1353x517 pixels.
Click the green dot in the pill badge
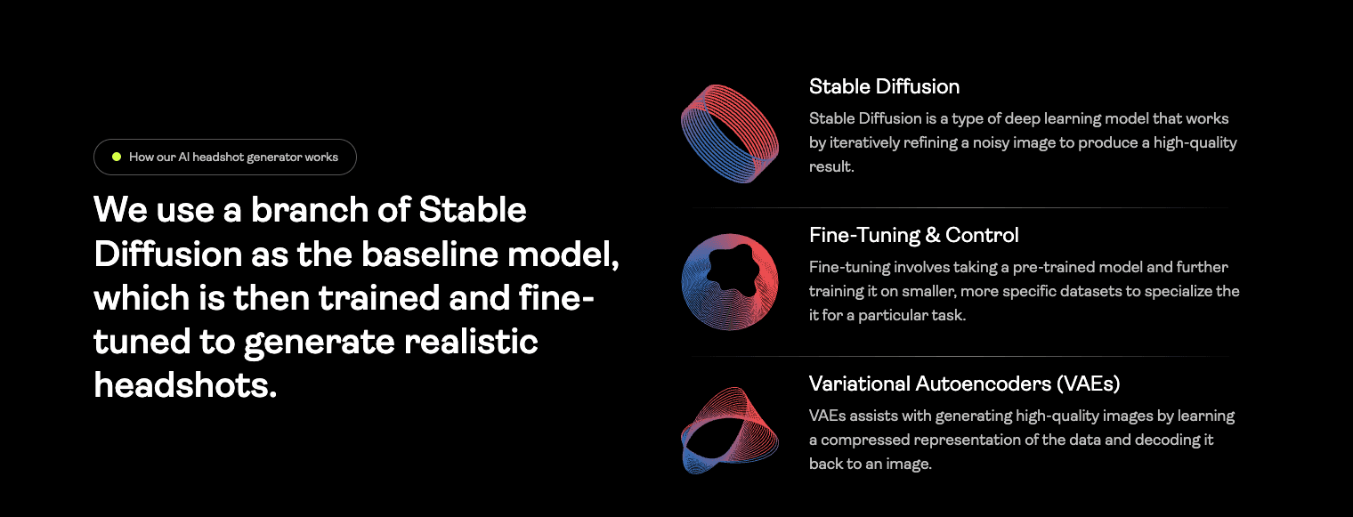pyautogui.click(x=117, y=158)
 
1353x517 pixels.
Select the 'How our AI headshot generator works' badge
pyautogui.click(x=225, y=158)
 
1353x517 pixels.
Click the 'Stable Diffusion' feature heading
pyautogui.click(x=884, y=86)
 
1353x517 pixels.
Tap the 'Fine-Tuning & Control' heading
pyautogui.click(x=913, y=235)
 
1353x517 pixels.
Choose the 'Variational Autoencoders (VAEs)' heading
pyautogui.click(x=964, y=384)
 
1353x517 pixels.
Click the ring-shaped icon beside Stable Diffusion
pyautogui.click(x=730, y=133)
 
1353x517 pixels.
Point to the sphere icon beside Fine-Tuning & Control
pyautogui.click(x=730, y=282)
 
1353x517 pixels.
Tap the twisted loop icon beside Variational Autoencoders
pyautogui.click(x=730, y=431)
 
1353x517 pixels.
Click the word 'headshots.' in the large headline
pyautogui.click(x=185, y=385)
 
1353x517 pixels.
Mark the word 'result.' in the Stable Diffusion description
pyautogui.click(x=831, y=166)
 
